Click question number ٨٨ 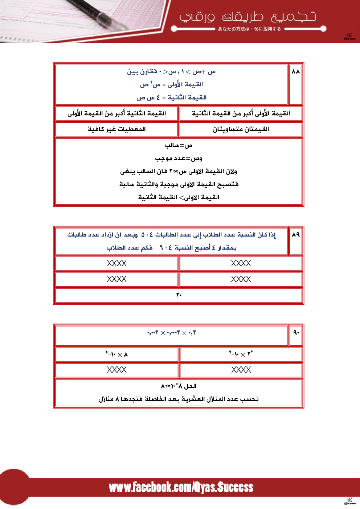296,71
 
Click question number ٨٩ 296,234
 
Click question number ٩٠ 296,332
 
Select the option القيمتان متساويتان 241,129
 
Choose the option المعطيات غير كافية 116,129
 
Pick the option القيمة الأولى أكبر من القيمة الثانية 241,114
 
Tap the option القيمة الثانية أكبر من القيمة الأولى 116,114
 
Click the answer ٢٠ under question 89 179,295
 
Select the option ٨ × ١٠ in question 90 116,354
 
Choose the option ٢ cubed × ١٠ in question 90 241,354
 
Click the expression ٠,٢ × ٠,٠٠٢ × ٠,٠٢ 172,333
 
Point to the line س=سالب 179,145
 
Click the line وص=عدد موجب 179,159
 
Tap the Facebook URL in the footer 181,487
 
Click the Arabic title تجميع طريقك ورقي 247,17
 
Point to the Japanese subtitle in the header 249,29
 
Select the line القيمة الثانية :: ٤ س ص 172,98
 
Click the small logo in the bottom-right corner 349,501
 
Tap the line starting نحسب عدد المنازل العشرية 179,399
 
